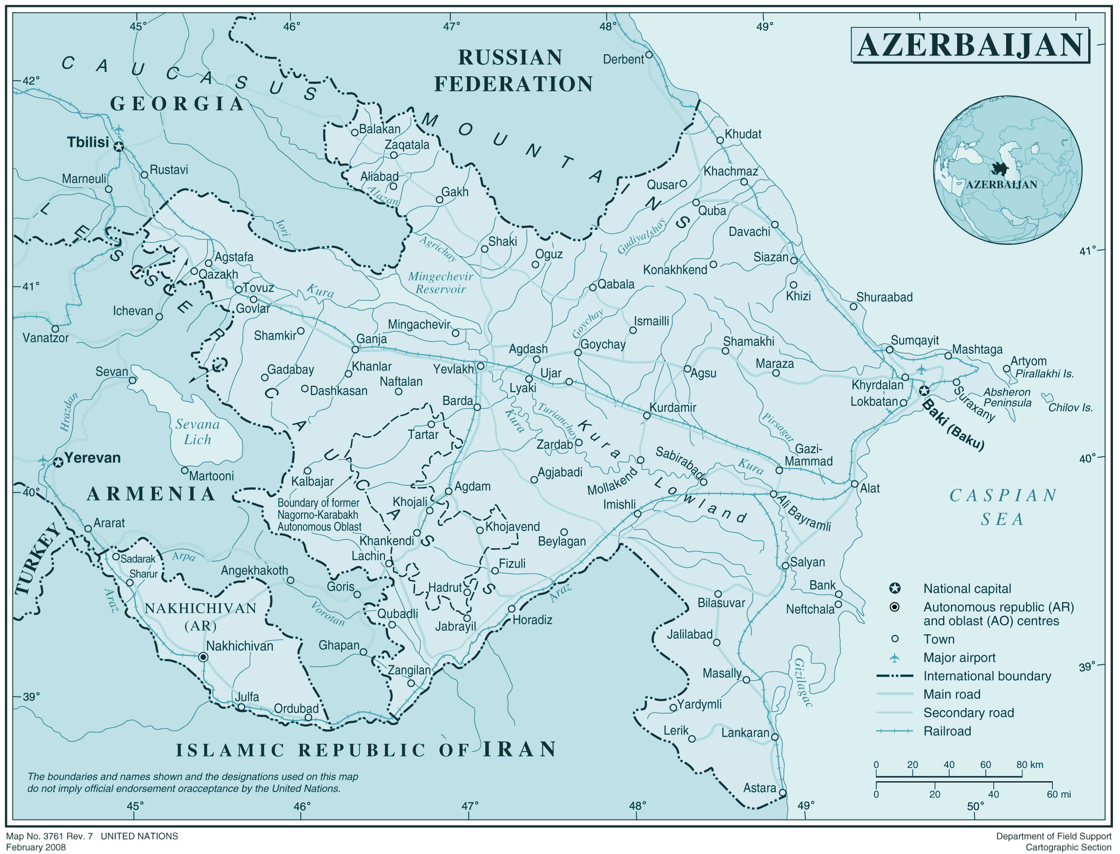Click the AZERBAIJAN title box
969,45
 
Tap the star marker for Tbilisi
118,147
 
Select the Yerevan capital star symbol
58,462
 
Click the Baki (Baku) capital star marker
924,390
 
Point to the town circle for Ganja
355,349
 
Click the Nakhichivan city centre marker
203,657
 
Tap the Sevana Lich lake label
197,432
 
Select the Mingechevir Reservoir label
441,283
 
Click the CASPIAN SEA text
1003,507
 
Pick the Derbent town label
623,60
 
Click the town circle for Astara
783,793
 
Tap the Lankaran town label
745,733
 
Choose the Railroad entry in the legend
947,731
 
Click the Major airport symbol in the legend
895,658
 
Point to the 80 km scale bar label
1029,764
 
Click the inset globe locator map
1007,170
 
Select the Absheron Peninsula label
1007,397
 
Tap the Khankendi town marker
417,533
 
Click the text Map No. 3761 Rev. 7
50,836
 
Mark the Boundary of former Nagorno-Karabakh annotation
319,514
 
